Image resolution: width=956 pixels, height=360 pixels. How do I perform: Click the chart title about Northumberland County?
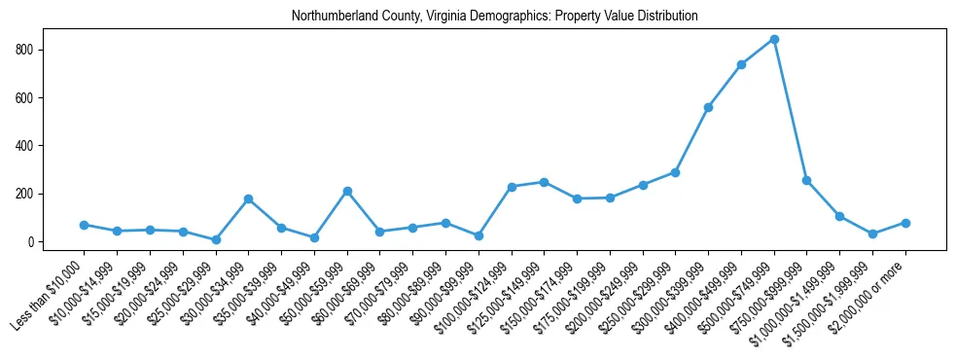click(495, 17)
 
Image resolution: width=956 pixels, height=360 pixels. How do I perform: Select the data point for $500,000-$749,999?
click(774, 39)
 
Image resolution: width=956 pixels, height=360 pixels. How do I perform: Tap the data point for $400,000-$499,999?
click(741, 64)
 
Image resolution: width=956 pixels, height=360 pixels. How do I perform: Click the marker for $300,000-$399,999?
click(708, 107)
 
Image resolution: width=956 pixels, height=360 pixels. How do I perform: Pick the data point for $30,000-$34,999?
click(248, 198)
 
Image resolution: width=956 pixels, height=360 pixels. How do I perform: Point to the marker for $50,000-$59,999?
click(347, 191)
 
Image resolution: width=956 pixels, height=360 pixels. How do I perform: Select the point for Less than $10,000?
click(85, 225)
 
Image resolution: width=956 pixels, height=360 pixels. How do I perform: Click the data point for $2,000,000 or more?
click(905, 223)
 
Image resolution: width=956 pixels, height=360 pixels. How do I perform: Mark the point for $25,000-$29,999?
click(216, 239)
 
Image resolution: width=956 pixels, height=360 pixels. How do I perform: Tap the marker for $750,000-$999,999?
click(807, 180)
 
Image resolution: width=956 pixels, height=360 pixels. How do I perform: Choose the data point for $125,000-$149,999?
click(544, 182)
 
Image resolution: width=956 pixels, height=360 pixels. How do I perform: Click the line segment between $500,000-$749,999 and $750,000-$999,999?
click(791, 109)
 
